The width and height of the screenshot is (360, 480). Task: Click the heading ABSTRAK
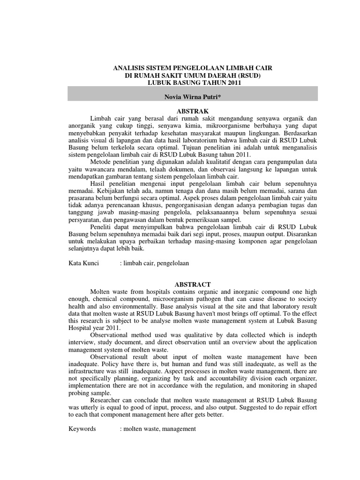tap(193, 110)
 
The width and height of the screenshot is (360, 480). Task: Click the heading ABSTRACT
tap(193, 285)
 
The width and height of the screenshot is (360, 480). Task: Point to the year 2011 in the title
tap(233, 82)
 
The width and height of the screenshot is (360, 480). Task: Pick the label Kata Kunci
tap(83, 263)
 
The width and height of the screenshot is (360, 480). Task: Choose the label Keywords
tap(82, 429)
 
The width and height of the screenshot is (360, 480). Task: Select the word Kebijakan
tap(113, 191)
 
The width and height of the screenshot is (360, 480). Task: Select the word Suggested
tap(231, 407)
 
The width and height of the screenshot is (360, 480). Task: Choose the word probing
tap(79, 393)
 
